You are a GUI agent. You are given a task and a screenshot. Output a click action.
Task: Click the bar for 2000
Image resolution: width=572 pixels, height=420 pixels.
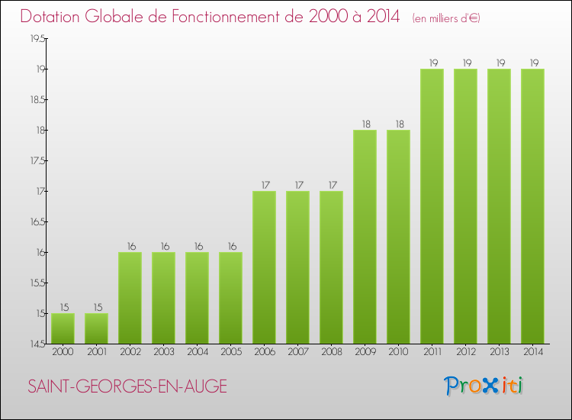point(63,328)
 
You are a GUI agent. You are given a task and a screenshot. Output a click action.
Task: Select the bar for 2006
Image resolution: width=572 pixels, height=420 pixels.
point(264,267)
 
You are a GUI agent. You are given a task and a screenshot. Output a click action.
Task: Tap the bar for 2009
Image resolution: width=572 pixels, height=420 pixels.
point(365,237)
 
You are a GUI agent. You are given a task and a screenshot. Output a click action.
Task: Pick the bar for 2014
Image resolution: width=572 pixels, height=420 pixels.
point(532,206)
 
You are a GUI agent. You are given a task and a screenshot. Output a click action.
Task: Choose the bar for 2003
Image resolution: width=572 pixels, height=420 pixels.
point(163,298)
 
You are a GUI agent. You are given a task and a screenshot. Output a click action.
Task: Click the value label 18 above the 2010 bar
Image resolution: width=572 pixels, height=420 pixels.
point(398,124)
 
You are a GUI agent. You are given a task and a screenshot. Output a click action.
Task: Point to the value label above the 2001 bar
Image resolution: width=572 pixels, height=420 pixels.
point(96,307)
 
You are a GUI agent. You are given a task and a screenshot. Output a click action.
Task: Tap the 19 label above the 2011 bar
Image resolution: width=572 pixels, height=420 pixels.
point(432,63)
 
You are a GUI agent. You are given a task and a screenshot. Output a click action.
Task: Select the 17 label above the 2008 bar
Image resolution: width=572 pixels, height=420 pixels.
point(331,185)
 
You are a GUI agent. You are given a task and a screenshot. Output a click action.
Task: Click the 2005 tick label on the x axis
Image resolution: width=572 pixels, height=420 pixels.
point(230,352)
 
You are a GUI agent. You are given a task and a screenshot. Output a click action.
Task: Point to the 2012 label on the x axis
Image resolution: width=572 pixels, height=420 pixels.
point(465,352)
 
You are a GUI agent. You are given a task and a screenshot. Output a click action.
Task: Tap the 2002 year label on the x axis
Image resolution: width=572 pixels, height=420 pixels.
point(130,352)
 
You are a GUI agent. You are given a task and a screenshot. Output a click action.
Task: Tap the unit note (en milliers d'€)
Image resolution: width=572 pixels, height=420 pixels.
point(446,18)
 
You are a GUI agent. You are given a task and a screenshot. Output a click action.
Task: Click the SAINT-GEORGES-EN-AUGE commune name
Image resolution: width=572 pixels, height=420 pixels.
point(127,386)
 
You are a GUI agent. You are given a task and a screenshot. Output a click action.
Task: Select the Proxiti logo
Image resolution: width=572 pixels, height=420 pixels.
point(484,386)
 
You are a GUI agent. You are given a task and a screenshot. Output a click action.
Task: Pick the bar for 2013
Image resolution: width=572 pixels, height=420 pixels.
point(499,206)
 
